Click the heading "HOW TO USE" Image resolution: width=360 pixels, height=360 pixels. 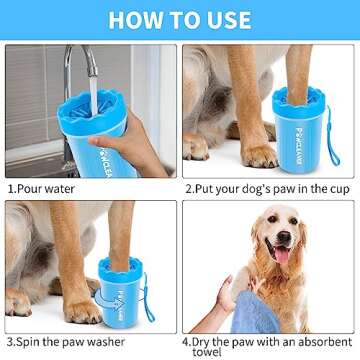click(x=180, y=19)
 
